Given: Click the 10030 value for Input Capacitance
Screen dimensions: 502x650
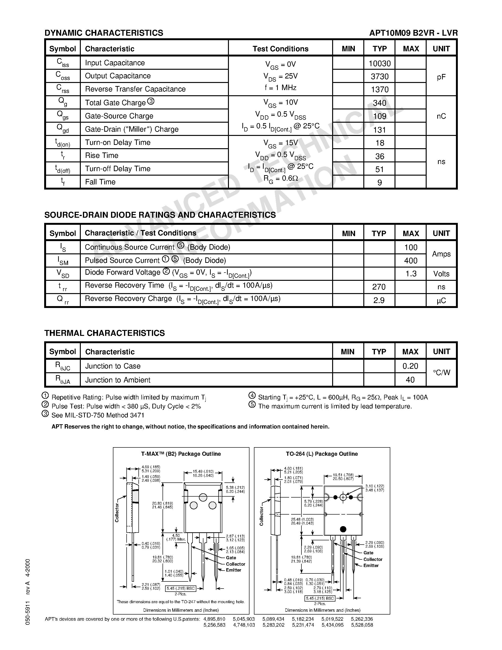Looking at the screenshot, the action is point(379,63).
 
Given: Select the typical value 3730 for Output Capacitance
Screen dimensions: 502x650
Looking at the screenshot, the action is point(379,77).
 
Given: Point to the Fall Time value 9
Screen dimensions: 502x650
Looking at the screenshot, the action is point(379,182).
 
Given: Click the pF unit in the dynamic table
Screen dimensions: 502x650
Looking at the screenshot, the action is point(441,77).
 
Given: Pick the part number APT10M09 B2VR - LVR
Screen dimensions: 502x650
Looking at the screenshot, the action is point(413,33).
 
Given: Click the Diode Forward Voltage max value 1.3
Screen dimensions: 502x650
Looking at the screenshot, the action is point(411,273).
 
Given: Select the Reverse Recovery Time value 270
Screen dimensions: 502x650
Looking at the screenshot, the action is point(379,287).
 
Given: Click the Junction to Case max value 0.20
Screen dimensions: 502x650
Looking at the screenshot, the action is point(410,366).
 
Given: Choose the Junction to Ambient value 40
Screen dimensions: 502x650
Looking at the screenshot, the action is point(410,380).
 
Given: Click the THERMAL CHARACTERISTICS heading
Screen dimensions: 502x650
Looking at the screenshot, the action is point(104,333).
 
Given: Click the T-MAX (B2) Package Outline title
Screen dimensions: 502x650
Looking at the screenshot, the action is point(181,454).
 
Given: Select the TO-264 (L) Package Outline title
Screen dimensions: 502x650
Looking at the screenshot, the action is point(322,454).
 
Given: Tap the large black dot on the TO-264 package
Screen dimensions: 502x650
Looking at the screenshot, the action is point(343,529).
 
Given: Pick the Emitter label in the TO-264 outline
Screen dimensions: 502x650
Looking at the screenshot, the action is point(371,565).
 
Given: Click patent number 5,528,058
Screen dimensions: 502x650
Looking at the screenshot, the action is point(362,625).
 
